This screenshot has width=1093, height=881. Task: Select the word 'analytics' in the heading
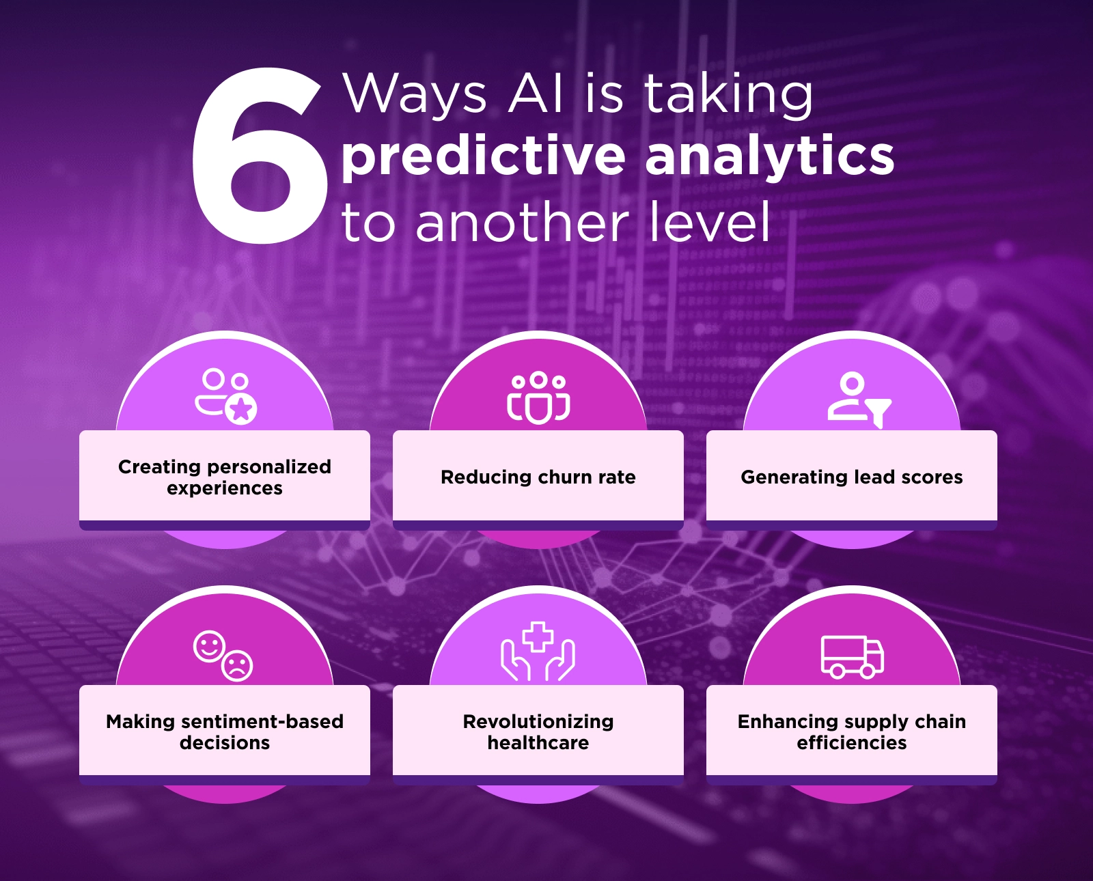coord(769,157)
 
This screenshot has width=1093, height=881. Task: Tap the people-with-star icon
coord(225,396)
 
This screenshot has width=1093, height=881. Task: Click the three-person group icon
coord(538,397)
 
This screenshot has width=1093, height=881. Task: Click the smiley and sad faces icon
coord(223,656)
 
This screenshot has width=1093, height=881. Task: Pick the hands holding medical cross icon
coord(538,651)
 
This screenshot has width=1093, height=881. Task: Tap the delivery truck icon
coord(853,657)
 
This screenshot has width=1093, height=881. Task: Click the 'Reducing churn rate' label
coord(538,477)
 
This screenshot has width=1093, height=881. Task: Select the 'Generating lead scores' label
coord(852,477)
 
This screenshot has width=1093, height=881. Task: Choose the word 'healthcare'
coord(538,743)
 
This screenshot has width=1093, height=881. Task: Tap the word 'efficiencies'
coord(852,743)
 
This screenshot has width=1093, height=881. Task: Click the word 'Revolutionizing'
coord(538,722)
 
